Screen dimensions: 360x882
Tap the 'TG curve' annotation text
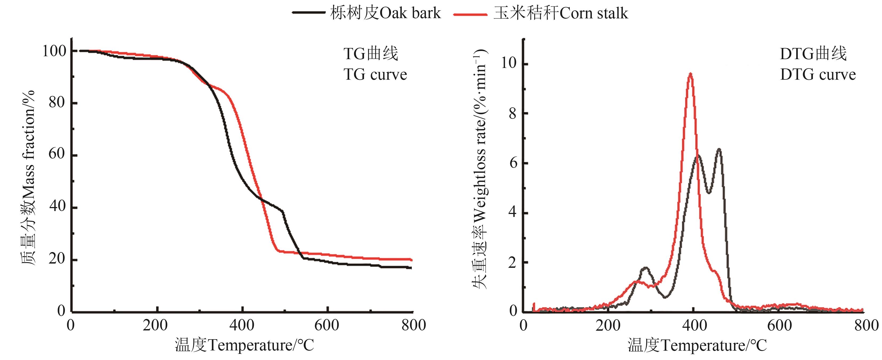(375, 75)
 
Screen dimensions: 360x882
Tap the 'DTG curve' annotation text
(818, 75)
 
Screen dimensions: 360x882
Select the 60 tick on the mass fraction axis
(57, 154)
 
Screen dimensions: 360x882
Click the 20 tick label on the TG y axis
(57, 259)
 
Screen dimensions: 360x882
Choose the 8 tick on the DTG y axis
(513, 113)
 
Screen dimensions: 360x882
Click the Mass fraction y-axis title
(29, 178)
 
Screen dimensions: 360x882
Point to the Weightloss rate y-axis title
(480, 169)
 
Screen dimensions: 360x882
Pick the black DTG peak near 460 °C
(719, 149)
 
